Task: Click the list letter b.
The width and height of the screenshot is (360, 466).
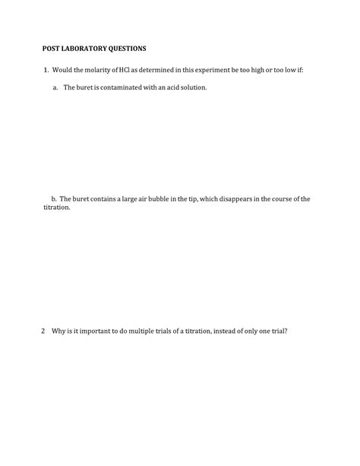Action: point(54,198)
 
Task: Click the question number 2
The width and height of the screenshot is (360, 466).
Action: point(43,331)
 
